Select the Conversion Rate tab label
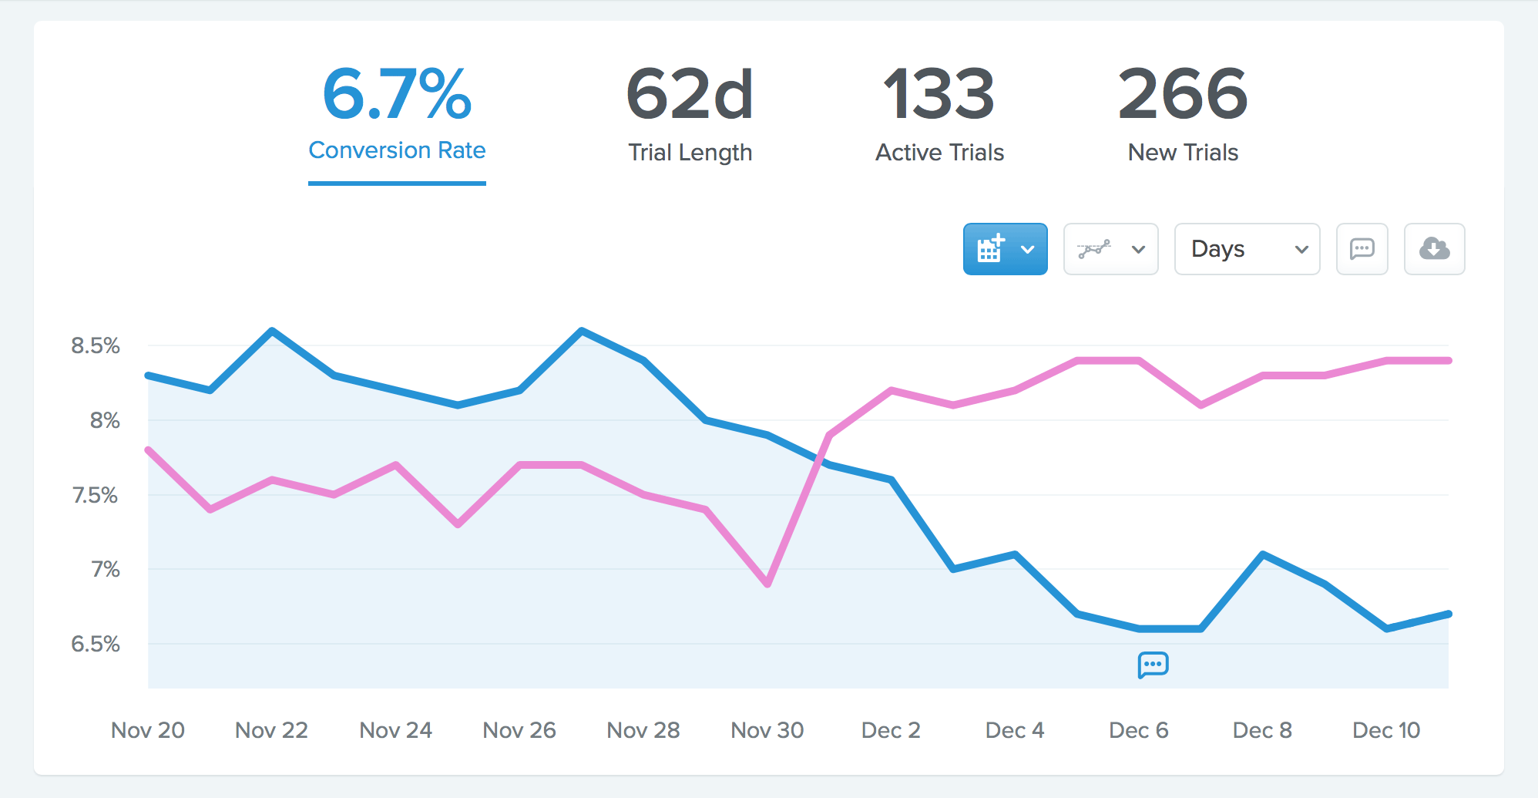pyautogui.click(x=397, y=150)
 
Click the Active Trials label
pyautogui.click(x=939, y=153)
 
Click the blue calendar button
pyautogui.click(x=1005, y=249)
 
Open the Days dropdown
pyautogui.click(x=1247, y=249)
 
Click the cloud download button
pyautogui.click(x=1434, y=249)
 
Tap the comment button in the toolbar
pyautogui.click(x=1362, y=249)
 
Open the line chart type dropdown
pyautogui.click(x=1110, y=249)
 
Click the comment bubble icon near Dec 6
pyautogui.click(x=1153, y=665)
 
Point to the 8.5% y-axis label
pyautogui.click(x=96, y=345)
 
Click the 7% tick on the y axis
pyautogui.click(x=106, y=569)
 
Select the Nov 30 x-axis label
pyautogui.click(x=767, y=730)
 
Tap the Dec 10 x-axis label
pyautogui.click(x=1386, y=730)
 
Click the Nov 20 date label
pyautogui.click(x=148, y=730)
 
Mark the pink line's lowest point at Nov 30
pyautogui.click(x=767, y=584)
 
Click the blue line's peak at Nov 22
pyautogui.click(x=272, y=331)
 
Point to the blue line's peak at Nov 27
pyautogui.click(x=582, y=331)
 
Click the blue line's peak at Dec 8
pyautogui.click(x=1263, y=554)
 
